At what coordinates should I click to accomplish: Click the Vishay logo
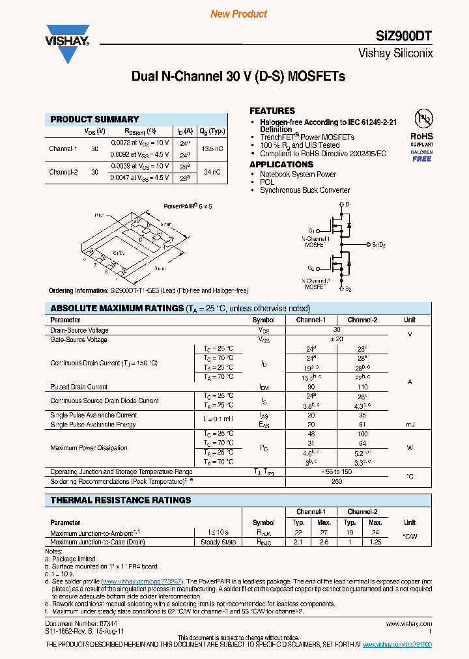click(66, 43)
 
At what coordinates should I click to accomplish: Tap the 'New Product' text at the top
click(239, 14)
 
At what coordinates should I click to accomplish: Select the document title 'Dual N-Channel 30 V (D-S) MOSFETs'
click(238, 76)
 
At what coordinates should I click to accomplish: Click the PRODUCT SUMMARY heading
click(94, 119)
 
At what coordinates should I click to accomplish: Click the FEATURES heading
click(272, 111)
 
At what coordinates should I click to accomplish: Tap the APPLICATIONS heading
click(281, 164)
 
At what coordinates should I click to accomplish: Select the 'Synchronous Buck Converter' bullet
click(305, 190)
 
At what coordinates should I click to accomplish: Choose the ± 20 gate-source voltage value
click(336, 339)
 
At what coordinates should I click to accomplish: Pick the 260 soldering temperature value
click(336, 482)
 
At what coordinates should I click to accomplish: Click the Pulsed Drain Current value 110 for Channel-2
click(362, 387)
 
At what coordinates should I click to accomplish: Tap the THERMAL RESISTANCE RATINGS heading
click(121, 500)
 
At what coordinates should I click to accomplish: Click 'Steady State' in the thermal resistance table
click(218, 542)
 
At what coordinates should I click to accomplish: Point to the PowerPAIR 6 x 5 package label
click(188, 206)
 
